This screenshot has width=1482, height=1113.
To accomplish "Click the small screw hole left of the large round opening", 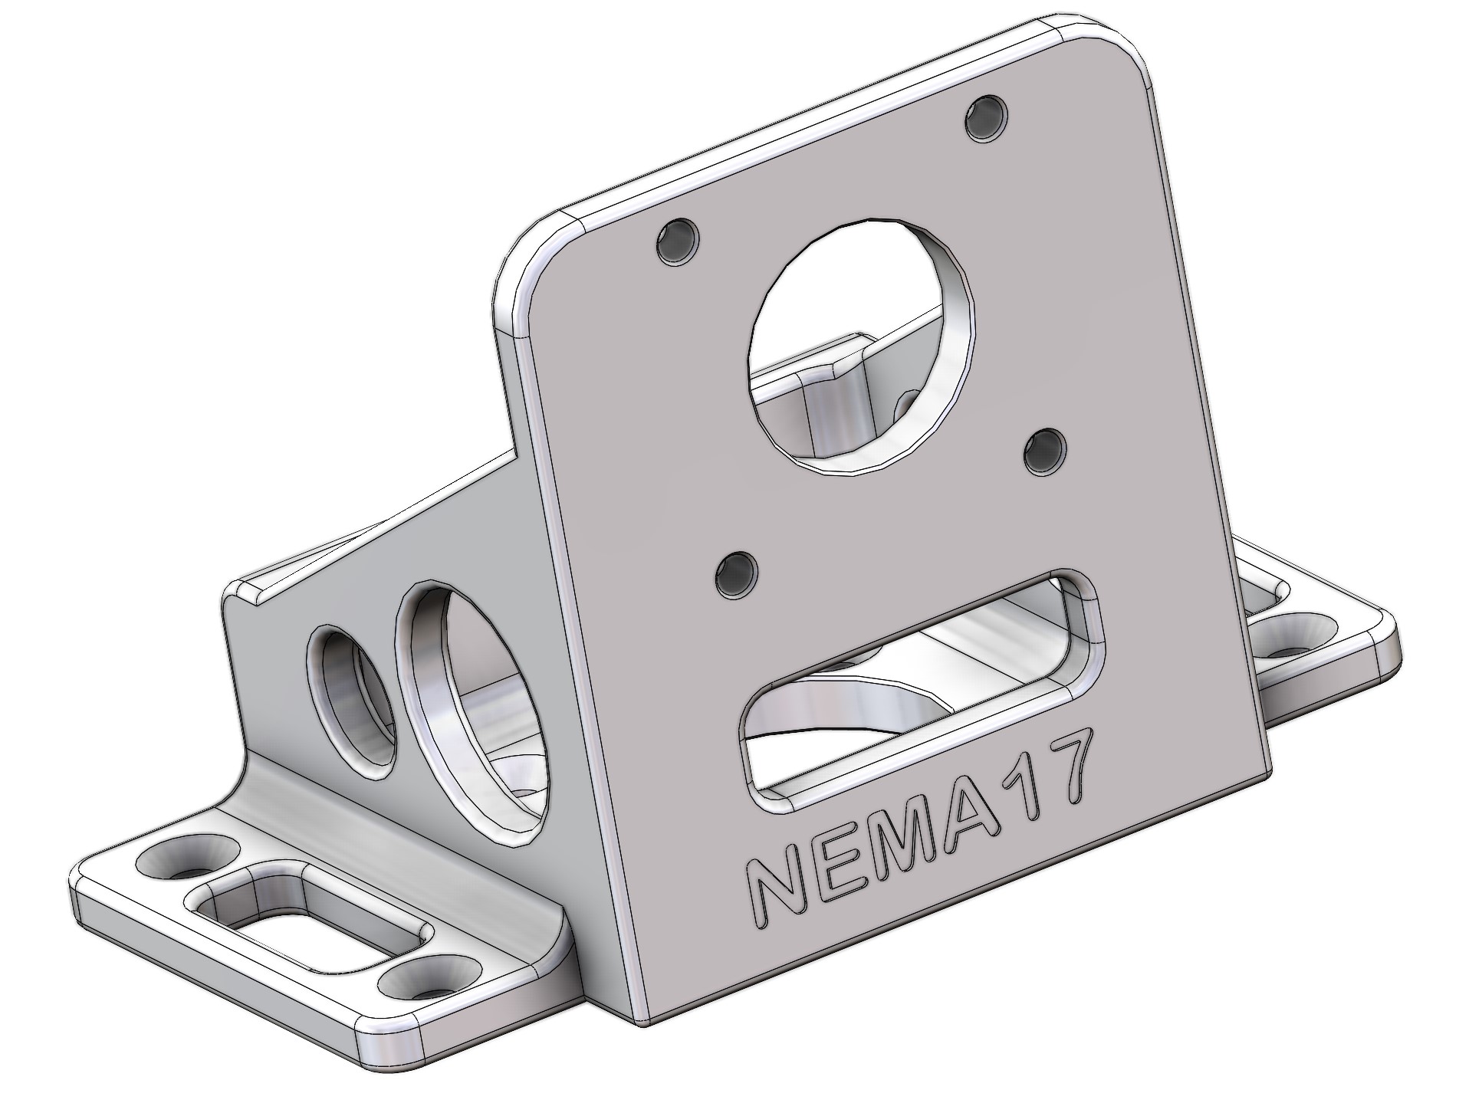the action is pos(679,243).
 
